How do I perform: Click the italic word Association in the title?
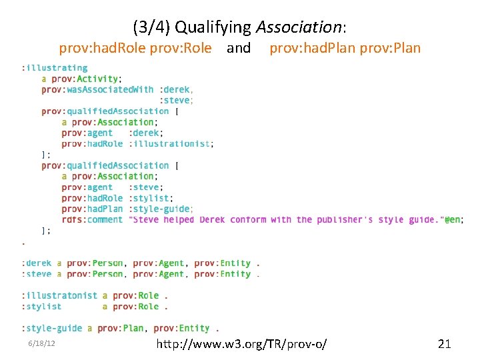[x=299, y=27]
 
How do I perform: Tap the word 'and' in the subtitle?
[x=239, y=48]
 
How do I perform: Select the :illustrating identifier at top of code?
[x=54, y=67]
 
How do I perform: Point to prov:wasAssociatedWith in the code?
[x=97, y=89]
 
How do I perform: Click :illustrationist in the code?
[x=171, y=143]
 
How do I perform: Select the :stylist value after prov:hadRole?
[x=151, y=198]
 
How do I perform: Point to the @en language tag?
[x=454, y=219]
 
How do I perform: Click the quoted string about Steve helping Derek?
[x=287, y=219]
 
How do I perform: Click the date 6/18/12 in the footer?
[x=41, y=343]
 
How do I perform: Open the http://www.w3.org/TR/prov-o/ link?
[x=241, y=344]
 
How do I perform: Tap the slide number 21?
[x=444, y=344]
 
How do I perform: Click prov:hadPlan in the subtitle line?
[x=312, y=48]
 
